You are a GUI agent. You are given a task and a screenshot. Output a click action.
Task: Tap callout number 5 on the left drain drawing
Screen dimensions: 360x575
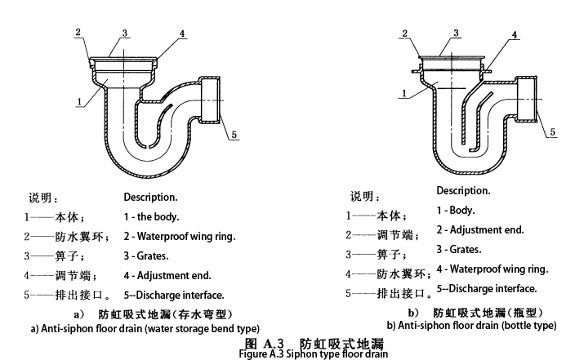pyautogui.click(x=234, y=135)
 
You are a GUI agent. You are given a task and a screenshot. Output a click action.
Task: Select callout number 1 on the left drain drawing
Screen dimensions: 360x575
pyautogui.click(x=78, y=102)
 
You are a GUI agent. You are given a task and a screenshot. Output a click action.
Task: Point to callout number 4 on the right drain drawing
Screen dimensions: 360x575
pyautogui.click(x=515, y=35)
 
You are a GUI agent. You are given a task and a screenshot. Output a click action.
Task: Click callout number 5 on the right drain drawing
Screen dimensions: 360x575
pyautogui.click(x=552, y=131)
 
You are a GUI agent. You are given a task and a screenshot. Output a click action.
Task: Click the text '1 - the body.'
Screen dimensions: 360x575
pyautogui.click(x=151, y=217)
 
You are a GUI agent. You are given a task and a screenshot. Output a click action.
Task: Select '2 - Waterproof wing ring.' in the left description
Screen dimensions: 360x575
pyautogui.click(x=179, y=237)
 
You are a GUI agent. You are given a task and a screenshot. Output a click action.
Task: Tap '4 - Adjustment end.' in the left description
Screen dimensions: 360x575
pyautogui.click(x=167, y=275)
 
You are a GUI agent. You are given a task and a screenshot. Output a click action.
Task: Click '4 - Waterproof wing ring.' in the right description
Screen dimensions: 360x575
pyautogui.click(x=492, y=269)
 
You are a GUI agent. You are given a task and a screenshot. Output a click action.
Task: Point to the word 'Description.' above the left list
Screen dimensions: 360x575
pyautogui.click(x=150, y=197)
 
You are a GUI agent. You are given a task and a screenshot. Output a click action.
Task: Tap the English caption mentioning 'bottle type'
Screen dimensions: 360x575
pyautogui.click(x=471, y=325)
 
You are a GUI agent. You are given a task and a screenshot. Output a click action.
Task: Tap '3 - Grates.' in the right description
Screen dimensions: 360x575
pyautogui.click(x=458, y=249)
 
